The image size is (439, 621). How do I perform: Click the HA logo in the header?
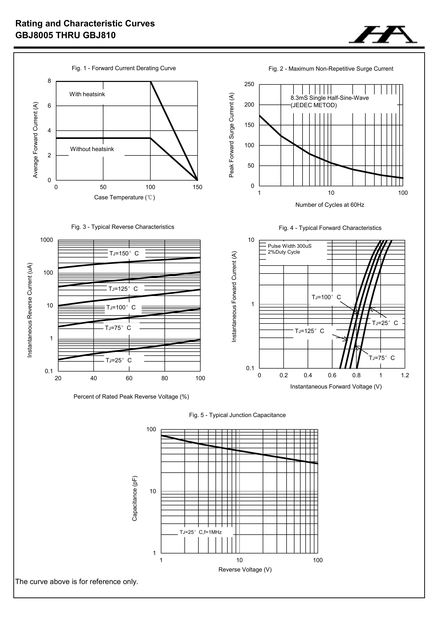pyautogui.click(x=383, y=35)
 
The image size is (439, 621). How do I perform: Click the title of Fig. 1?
pyautogui.click(x=124, y=68)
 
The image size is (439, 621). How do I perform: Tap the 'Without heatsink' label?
pyautogui.click(x=92, y=149)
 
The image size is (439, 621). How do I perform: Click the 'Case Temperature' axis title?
pyautogui.click(x=124, y=197)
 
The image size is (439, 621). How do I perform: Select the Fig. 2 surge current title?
pyautogui.click(x=331, y=69)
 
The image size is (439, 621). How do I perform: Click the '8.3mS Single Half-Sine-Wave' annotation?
pyautogui.click(x=330, y=98)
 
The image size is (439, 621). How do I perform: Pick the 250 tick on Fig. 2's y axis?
pyautogui.click(x=249, y=84)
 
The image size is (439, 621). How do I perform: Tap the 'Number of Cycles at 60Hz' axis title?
pyautogui.click(x=330, y=205)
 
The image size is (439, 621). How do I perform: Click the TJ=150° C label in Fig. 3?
pyautogui.click(x=124, y=253)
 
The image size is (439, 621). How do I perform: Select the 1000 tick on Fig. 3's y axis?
pyautogui.click(x=47, y=240)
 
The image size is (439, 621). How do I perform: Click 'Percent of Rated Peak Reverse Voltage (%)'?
pyautogui.click(x=131, y=397)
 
